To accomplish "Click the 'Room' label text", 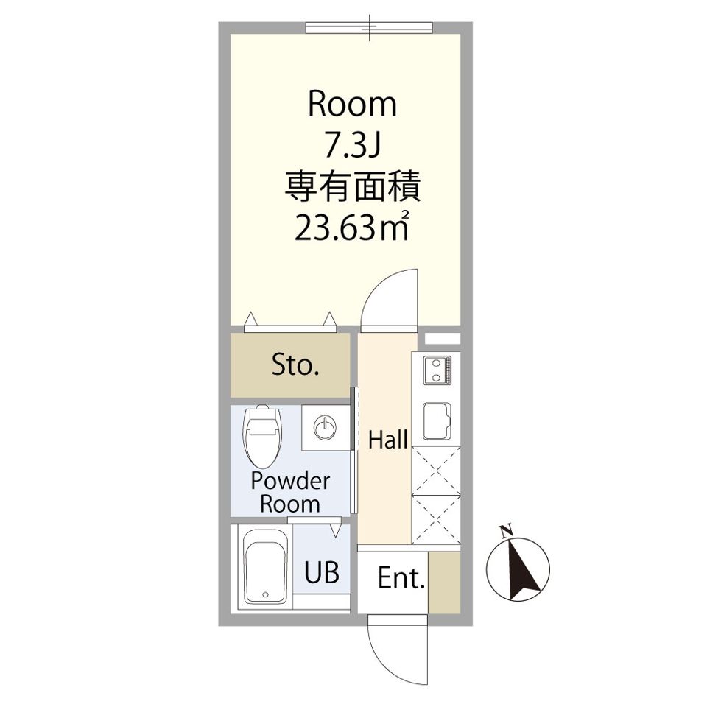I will (352, 105).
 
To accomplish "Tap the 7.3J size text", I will (352, 147).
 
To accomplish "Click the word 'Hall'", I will (387, 441).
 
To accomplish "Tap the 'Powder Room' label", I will (290, 493).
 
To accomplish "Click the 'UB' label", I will (323, 573).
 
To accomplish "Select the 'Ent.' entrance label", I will (401, 580).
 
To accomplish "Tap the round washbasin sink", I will (324, 426).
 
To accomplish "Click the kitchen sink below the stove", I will (437, 423).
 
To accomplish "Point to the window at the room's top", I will (369, 27).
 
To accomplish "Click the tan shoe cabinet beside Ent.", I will (444, 581).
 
